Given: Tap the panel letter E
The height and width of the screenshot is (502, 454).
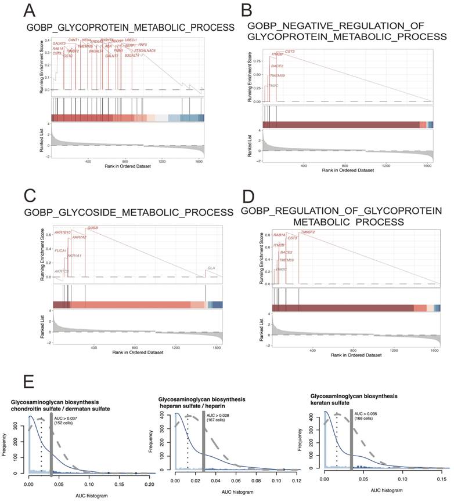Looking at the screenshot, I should [28, 383].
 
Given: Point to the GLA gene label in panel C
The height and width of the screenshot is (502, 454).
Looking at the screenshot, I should [211, 267].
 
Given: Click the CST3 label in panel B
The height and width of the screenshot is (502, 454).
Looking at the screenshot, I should [290, 52].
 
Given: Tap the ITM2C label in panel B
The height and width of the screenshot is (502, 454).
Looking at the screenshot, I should [272, 85].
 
